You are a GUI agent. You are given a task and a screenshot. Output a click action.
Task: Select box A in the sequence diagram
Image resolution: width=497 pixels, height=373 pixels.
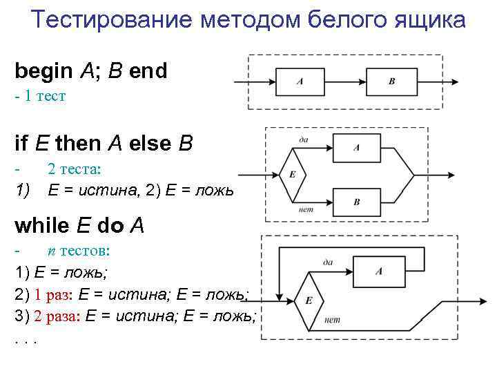click(300, 82)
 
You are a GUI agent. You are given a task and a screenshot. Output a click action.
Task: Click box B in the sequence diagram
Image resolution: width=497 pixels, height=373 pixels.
click(392, 82)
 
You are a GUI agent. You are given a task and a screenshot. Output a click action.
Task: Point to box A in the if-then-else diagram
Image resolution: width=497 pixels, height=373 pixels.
click(356, 147)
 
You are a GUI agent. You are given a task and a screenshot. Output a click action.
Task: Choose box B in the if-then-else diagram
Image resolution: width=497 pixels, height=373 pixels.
click(356, 201)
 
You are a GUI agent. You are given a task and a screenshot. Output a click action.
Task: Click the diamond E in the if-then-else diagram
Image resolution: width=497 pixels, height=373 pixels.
click(292, 174)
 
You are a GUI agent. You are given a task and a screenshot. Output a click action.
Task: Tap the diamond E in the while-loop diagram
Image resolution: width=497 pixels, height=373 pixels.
click(309, 300)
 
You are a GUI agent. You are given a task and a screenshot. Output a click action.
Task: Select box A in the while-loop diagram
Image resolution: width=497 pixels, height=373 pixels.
click(379, 271)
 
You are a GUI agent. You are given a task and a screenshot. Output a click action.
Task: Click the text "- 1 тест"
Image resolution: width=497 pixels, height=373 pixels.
click(40, 96)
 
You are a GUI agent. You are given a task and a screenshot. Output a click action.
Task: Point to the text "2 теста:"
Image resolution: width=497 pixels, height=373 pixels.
click(74, 168)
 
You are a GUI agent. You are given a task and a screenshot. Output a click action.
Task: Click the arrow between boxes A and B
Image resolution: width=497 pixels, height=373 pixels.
click(344, 82)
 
